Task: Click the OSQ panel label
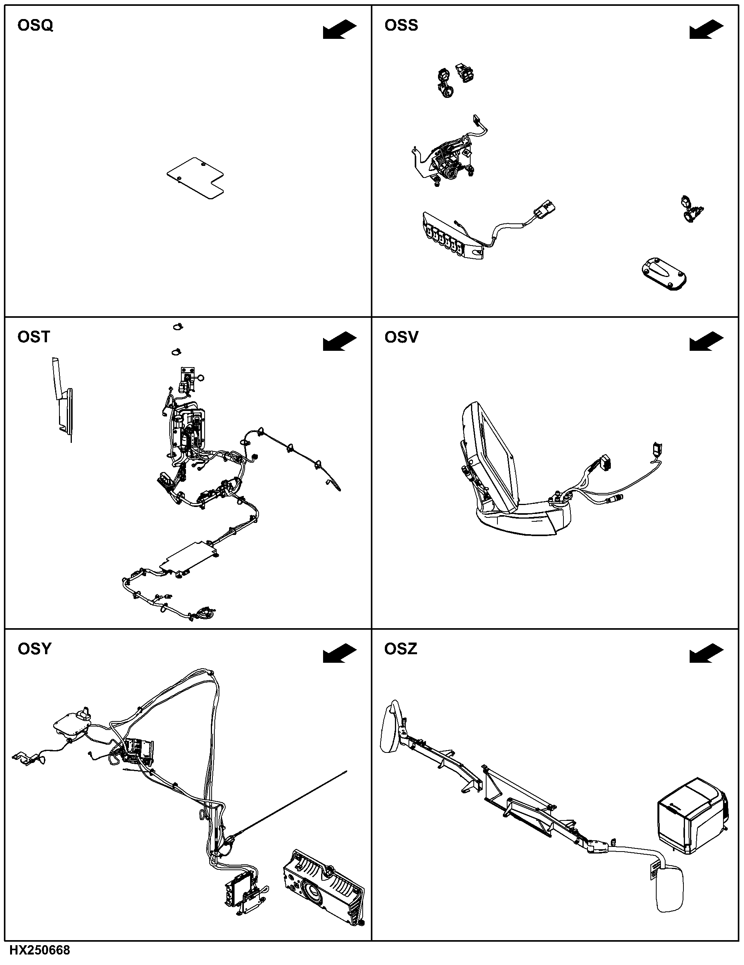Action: pos(35,26)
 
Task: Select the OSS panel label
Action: pos(401,26)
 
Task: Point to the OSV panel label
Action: pos(401,337)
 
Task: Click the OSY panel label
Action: pos(35,649)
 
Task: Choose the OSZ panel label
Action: pos(400,649)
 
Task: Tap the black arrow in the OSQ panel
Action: pos(339,29)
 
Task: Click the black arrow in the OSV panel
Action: pos(706,341)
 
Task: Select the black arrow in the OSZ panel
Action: pos(706,653)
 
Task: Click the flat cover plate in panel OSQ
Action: pos(195,178)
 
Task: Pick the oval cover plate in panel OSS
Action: pos(664,274)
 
